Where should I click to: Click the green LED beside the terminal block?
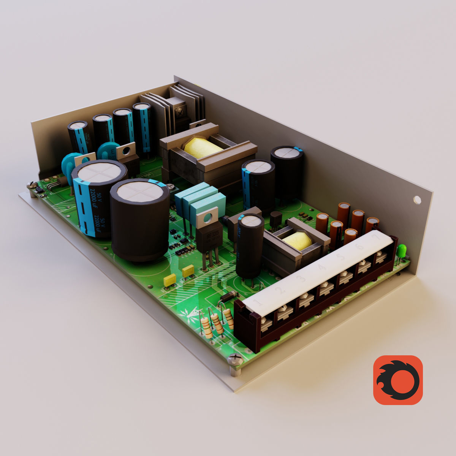pyautogui.click(x=401, y=251)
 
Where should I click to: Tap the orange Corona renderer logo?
pyautogui.click(x=398, y=380)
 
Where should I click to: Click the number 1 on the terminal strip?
pyautogui.click(x=258, y=303)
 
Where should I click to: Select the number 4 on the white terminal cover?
pyautogui.click(x=322, y=268)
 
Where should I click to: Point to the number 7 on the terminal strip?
pyautogui.click(x=376, y=237)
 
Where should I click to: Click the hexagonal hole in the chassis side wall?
pyautogui.click(x=417, y=199)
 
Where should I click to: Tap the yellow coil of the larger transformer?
pyautogui.click(x=202, y=148)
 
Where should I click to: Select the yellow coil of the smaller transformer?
pyautogui.click(x=298, y=241)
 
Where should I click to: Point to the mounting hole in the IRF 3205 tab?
pyautogui.click(x=207, y=218)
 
